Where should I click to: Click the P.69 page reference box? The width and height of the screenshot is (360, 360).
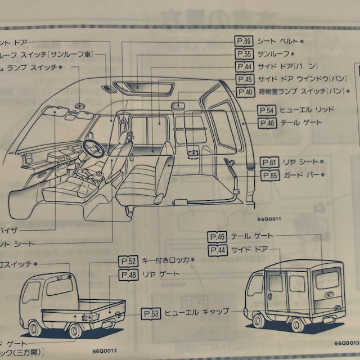point(244,42)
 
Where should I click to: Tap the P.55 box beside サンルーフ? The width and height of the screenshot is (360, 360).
point(244,54)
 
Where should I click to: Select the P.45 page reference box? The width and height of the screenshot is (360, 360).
point(244,79)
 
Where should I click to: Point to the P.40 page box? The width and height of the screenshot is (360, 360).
point(244,92)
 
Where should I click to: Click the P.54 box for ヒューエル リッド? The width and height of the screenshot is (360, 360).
point(267,110)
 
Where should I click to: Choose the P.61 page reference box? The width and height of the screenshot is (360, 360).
point(269,163)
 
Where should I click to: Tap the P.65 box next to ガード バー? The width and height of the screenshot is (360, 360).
point(269,175)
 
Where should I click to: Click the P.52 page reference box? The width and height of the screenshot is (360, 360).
point(128,261)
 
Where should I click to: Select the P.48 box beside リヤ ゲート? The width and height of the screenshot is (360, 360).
point(128,274)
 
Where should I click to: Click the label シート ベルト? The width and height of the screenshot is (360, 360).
point(278,42)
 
